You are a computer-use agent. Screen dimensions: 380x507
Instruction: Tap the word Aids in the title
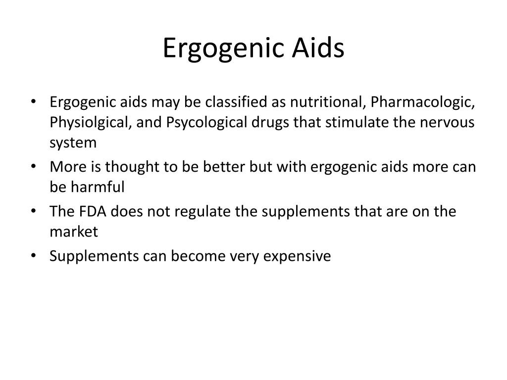coord(318,48)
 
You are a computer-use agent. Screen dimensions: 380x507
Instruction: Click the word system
coord(73,143)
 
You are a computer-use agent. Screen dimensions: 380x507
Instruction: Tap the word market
coord(74,232)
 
